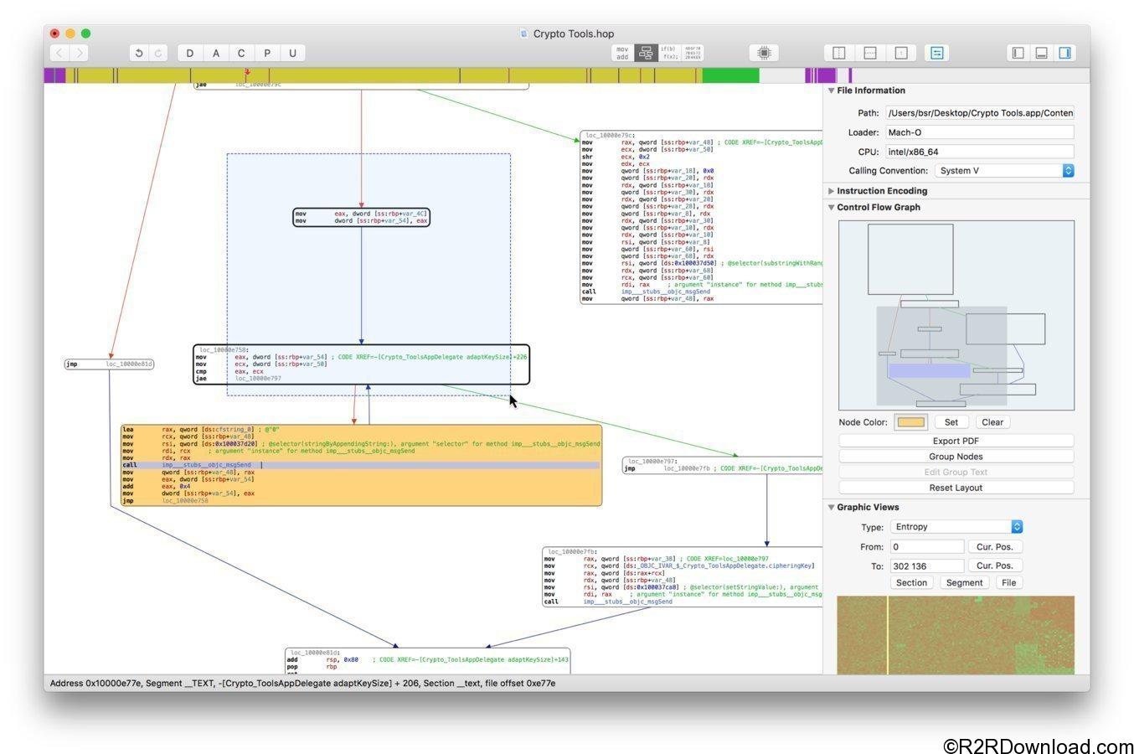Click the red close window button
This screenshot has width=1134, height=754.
click(55, 34)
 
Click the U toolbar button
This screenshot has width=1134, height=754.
click(292, 53)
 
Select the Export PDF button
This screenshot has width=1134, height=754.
click(956, 441)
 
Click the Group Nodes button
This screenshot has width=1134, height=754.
click(956, 457)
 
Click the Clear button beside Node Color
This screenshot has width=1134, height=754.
click(992, 422)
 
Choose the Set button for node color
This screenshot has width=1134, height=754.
click(951, 422)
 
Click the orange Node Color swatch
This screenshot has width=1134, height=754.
click(910, 422)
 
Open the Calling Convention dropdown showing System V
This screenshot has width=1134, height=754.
click(1004, 171)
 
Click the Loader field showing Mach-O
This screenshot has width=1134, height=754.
click(979, 132)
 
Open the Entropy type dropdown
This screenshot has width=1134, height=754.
click(956, 527)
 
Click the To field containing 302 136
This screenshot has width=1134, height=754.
click(926, 566)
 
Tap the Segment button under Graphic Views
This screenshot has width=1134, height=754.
click(964, 583)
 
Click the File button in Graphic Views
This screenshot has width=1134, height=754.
click(1009, 583)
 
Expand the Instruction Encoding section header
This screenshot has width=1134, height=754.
click(881, 191)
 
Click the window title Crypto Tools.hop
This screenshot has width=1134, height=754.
click(573, 34)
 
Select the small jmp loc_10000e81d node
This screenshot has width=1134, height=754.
click(110, 364)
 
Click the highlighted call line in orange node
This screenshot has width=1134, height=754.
click(360, 465)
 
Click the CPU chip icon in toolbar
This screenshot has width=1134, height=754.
click(764, 53)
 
